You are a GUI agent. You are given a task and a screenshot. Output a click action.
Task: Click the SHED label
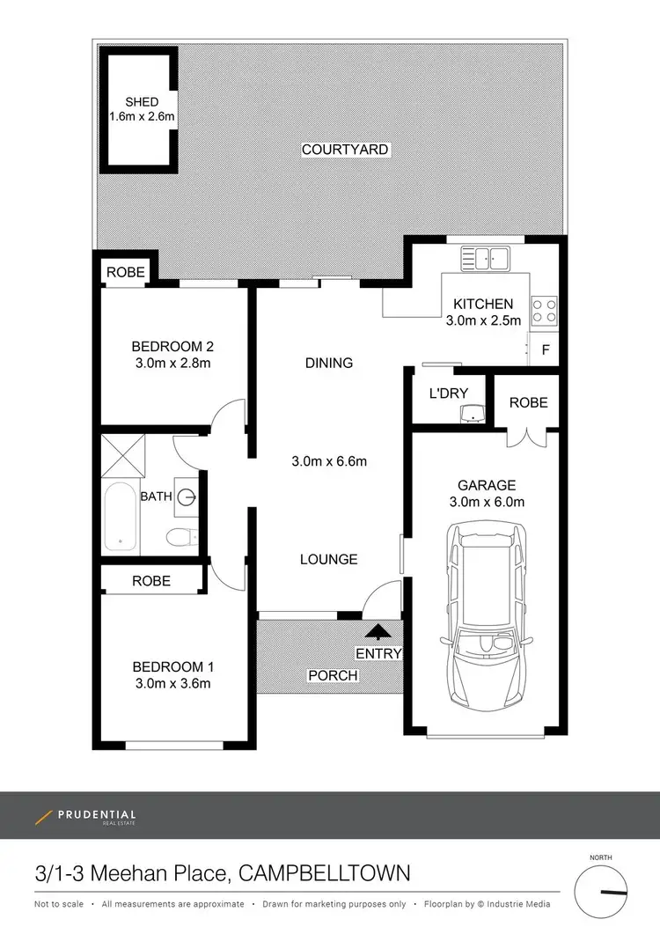coord(142,102)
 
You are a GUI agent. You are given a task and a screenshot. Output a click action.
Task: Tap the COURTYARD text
coord(345,150)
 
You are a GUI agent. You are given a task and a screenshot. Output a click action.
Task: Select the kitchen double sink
coord(485,258)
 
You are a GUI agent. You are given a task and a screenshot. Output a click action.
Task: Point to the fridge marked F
coord(546,349)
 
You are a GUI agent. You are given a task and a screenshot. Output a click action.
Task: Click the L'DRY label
coord(448,393)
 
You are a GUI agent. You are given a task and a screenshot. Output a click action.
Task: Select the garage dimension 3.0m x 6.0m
coord(486,503)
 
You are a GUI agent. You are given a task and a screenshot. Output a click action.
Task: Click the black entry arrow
coord(379,630)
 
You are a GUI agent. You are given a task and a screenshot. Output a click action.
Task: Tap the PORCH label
coord(333,675)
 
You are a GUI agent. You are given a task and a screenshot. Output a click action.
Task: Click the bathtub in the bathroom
coord(121,516)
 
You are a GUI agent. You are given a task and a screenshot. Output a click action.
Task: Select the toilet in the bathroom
coord(182,535)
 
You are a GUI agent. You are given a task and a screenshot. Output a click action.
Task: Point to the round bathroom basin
coord(187,497)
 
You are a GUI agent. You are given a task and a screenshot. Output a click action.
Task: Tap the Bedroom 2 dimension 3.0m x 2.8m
coord(172,362)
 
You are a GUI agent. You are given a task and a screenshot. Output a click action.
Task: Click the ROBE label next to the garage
coord(528,402)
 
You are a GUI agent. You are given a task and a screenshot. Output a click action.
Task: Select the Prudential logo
coord(85,816)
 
